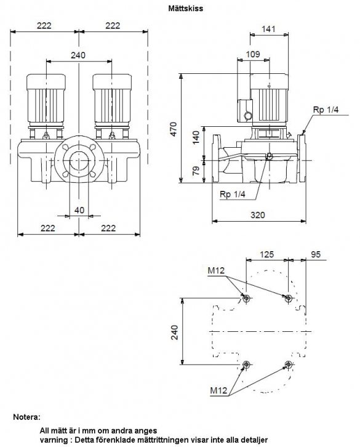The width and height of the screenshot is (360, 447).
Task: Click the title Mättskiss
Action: (x=186, y=8)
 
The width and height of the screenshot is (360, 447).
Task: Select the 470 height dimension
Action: (x=174, y=129)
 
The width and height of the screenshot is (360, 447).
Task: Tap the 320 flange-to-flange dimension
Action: (x=258, y=215)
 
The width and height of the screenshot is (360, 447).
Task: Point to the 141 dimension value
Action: (x=268, y=29)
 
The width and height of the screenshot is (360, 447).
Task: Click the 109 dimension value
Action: (x=253, y=54)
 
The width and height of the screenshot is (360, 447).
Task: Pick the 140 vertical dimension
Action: (x=196, y=137)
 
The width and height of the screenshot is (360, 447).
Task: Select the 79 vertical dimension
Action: (x=196, y=171)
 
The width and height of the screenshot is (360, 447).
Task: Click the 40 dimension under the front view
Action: (x=79, y=210)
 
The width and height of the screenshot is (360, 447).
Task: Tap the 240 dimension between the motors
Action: (x=78, y=55)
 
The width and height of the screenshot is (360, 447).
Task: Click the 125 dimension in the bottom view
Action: (x=267, y=254)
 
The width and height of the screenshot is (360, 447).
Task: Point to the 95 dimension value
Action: (x=316, y=254)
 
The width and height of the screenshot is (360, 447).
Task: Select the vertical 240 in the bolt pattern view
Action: (x=174, y=332)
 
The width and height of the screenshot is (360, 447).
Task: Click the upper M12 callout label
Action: (x=216, y=270)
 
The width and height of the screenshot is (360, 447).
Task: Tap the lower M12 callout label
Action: (x=218, y=390)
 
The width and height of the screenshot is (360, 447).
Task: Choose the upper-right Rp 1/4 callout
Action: (x=326, y=110)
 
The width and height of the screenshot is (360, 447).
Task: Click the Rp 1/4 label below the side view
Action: (x=232, y=194)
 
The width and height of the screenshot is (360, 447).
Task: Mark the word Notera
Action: (x=27, y=417)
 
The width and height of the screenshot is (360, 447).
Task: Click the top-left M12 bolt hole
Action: (x=246, y=299)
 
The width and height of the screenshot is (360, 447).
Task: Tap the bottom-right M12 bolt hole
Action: (x=289, y=364)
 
